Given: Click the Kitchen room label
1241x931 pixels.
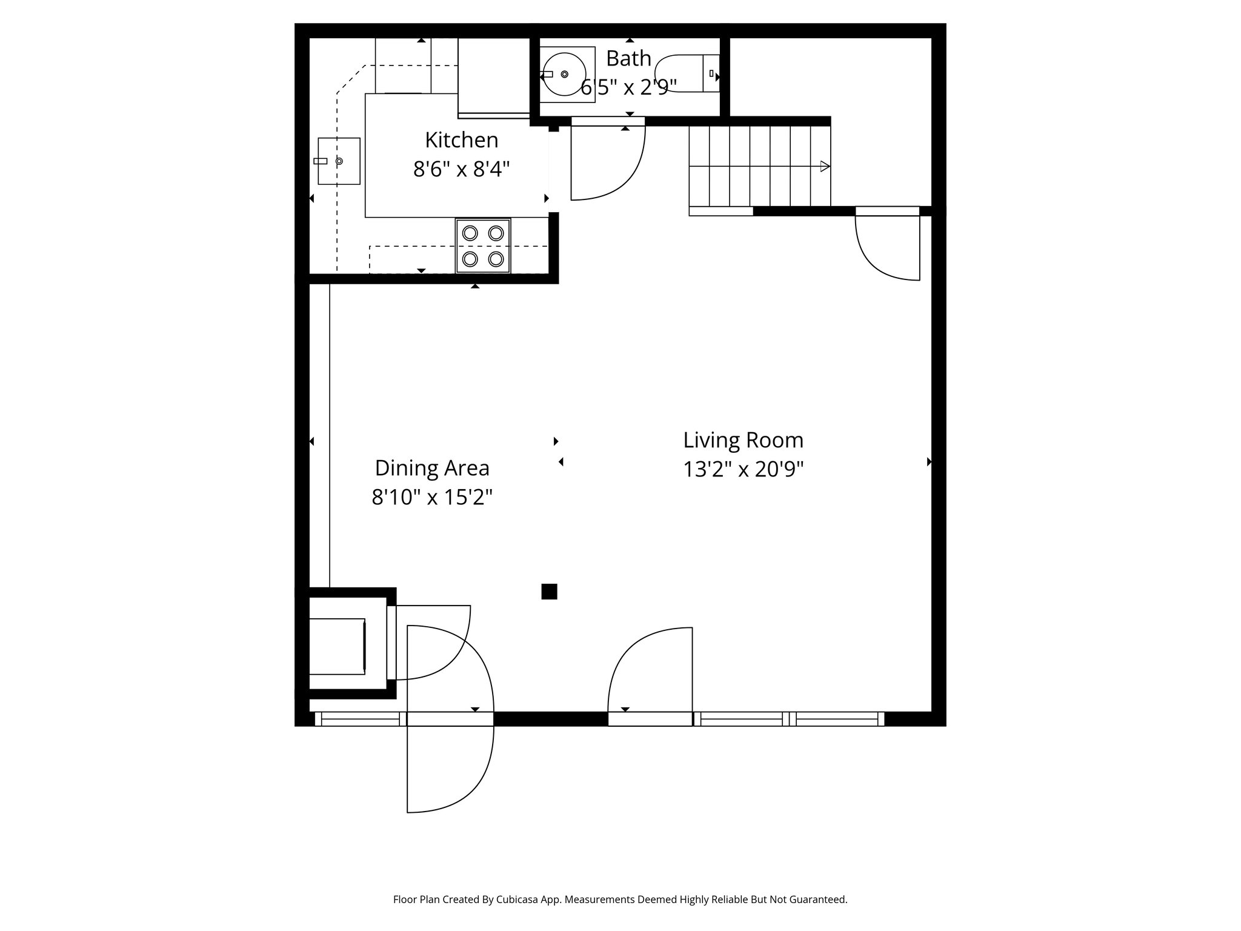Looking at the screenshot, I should click(x=461, y=140).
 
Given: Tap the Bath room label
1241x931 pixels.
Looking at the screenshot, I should click(x=628, y=59).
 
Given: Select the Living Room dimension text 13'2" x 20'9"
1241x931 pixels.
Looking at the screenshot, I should click(x=743, y=470).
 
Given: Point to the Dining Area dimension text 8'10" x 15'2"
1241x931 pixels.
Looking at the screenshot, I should click(x=431, y=498).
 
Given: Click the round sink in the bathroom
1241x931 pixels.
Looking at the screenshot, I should click(x=564, y=74).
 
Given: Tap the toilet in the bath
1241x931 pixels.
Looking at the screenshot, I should click(x=688, y=74).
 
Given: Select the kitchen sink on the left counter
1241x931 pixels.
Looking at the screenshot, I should click(x=339, y=161).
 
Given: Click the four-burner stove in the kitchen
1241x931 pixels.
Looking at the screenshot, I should click(x=483, y=245).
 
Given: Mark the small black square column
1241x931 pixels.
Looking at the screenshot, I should click(x=549, y=592).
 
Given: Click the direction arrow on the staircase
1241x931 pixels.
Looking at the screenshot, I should click(x=824, y=166).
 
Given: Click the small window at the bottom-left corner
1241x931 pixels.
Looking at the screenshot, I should click(x=360, y=719).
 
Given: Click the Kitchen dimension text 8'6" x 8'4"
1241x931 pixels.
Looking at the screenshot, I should click(x=461, y=169).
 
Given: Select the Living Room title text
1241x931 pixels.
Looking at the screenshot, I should click(x=743, y=440).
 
